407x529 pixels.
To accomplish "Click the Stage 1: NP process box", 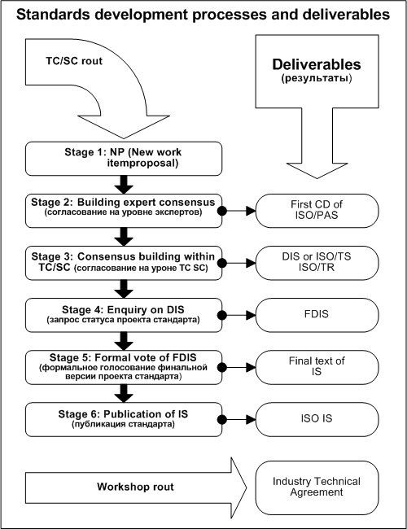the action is coord(124,159).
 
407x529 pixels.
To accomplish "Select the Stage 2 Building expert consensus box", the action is coord(124,211).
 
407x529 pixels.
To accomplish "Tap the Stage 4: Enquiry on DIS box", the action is coord(124,315).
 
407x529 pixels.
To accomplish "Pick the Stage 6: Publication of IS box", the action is coord(124,419).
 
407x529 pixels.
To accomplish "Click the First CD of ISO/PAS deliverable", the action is coord(317,211).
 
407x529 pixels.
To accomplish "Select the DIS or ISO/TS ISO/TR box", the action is coord(317,263).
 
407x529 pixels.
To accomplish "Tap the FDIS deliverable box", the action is coord(317,315).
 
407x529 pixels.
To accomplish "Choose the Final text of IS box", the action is coord(317,367).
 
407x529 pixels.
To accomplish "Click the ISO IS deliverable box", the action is coord(317,419).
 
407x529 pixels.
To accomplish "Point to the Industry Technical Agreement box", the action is coord(317,487).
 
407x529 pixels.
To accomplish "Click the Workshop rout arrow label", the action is coord(135,487).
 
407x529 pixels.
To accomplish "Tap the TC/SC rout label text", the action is coord(74,61).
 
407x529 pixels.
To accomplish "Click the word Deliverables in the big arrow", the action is coord(317,64).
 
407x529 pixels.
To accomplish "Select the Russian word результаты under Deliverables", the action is coord(317,79).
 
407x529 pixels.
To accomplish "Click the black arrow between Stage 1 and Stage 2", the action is coord(124,185).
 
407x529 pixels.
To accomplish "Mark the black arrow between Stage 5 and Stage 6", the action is coord(124,393).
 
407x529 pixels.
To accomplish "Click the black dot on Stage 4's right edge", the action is coord(221,315).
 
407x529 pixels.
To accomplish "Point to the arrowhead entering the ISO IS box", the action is coord(251,420).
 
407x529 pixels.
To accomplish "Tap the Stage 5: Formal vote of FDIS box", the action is coord(124,367).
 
